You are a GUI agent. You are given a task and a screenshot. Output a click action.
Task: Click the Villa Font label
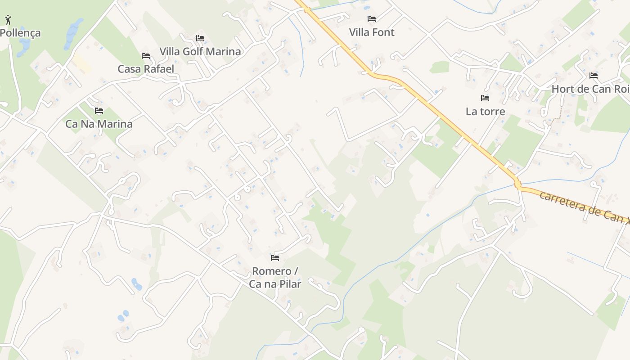pos(372,32)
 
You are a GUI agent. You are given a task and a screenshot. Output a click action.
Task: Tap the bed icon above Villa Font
pos(372,19)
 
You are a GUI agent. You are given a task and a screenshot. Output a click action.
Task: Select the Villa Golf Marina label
pos(200,51)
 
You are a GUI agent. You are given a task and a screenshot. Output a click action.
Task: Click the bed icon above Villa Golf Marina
pos(200,38)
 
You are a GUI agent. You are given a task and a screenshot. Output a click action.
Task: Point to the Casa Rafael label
pos(146,69)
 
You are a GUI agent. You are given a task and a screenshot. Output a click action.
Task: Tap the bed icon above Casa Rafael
pos(146,56)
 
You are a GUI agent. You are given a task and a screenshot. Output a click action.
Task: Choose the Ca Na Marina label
pos(99,124)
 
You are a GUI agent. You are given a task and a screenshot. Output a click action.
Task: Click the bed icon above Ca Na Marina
pos(99,110)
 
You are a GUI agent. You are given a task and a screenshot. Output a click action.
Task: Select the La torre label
pos(485,111)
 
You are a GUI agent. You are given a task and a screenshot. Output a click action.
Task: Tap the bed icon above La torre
pos(485,98)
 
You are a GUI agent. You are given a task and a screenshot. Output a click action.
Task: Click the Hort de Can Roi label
pos(590,89)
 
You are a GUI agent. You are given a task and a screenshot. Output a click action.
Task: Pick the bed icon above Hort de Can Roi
pos(594,76)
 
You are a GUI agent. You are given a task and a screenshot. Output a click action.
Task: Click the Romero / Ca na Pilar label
pos(275,277)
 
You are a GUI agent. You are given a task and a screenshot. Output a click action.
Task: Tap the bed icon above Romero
pos(275,258)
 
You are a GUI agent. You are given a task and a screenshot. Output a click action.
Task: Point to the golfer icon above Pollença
pos(8,19)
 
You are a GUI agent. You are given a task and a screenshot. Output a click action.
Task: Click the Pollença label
pos(20,33)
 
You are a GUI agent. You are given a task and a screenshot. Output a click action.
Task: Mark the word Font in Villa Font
pos(383,32)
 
